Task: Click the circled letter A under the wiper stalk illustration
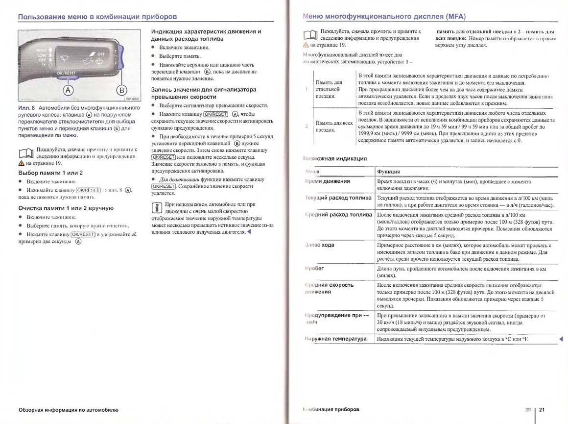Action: (x=68, y=90)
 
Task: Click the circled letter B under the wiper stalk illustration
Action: (x=121, y=90)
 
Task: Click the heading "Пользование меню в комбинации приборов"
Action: (x=97, y=17)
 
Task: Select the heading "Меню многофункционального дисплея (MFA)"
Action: (x=384, y=16)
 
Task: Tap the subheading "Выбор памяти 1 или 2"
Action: (x=50, y=173)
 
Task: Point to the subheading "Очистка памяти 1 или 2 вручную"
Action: (x=66, y=208)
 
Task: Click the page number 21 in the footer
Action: (x=542, y=409)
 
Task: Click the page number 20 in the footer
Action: (x=528, y=409)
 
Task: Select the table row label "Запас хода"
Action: (x=319, y=245)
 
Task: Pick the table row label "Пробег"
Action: (x=315, y=269)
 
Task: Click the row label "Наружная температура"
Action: (x=335, y=339)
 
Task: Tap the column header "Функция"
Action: (x=388, y=172)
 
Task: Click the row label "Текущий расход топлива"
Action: (x=338, y=198)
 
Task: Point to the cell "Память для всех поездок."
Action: (x=334, y=126)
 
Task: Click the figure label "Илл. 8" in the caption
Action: (x=27, y=107)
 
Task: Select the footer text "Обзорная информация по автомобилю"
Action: (x=68, y=409)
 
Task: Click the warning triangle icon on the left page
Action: (x=21, y=163)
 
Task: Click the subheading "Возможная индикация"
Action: (x=335, y=158)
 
